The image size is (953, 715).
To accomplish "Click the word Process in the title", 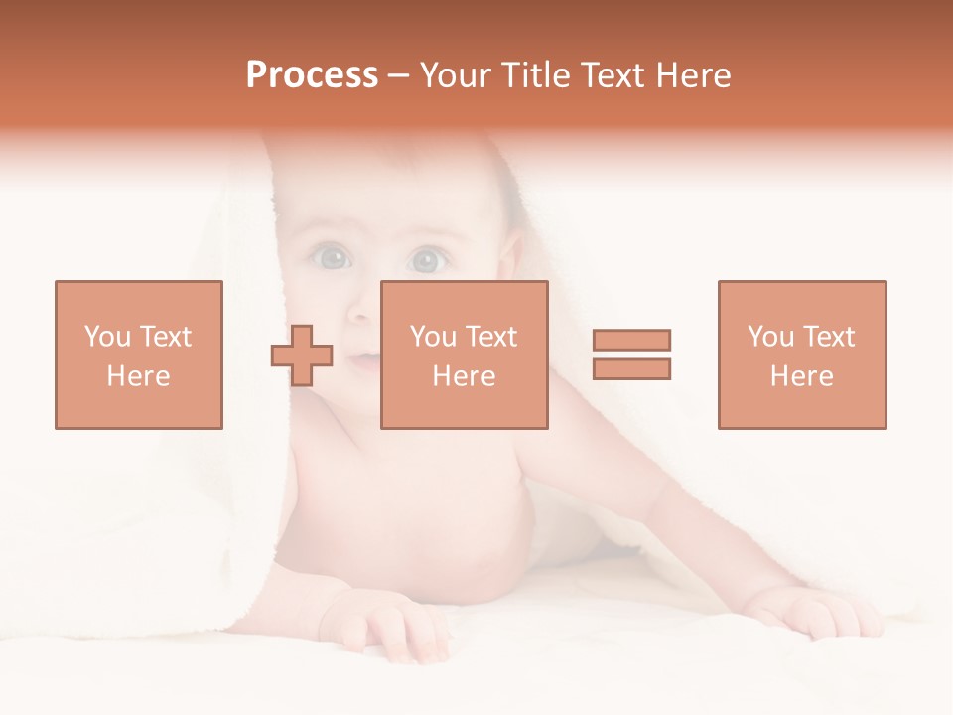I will (x=312, y=75).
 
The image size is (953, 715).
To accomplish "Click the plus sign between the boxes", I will (x=302, y=355).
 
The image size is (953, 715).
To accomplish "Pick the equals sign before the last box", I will (x=632, y=355).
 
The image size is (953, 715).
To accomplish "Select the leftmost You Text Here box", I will (x=138, y=355).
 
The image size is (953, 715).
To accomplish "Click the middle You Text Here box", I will (x=464, y=355).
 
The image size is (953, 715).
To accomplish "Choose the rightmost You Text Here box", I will (x=801, y=355).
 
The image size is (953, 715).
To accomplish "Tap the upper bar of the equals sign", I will (x=632, y=341).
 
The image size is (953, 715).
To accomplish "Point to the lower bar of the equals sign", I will (x=632, y=368).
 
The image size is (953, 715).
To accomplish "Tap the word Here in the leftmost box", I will (x=138, y=376).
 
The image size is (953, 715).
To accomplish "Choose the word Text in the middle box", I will (x=490, y=337).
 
